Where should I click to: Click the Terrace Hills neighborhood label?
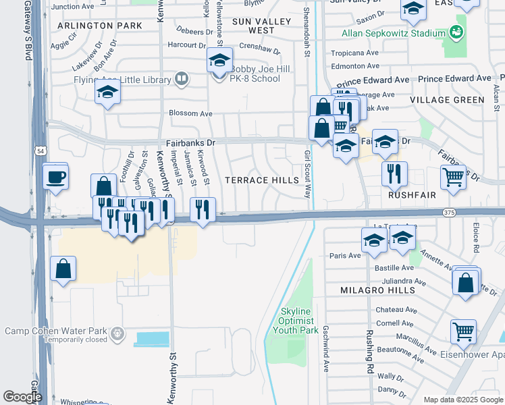click(261, 180)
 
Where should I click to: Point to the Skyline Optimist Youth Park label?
click(299, 321)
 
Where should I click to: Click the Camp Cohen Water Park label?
click(56, 331)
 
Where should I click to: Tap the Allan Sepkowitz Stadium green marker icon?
click(457, 32)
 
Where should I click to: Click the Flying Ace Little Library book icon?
click(181, 79)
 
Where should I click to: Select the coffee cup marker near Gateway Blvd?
click(55, 178)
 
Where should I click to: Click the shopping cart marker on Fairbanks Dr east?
click(453, 178)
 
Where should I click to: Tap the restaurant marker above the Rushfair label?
click(394, 173)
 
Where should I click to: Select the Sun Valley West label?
click(253, 26)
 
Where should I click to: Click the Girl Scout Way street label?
click(307, 173)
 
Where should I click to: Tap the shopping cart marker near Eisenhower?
click(463, 331)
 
